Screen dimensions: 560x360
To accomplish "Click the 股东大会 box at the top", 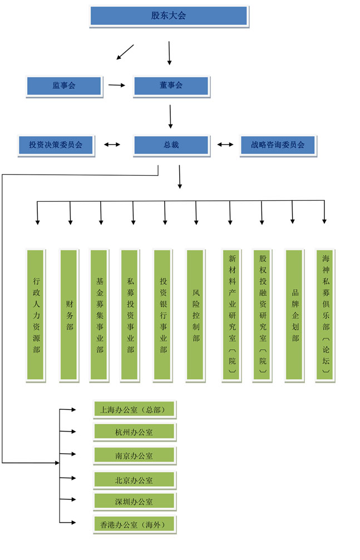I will pyautogui.click(x=169, y=16).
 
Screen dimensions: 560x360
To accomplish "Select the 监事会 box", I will pyautogui.click(x=64, y=86).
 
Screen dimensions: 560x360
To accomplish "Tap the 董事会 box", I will pyautogui.click(x=171, y=86).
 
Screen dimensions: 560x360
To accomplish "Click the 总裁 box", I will pyautogui.click(x=171, y=145).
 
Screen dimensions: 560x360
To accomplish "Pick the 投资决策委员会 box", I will pyautogui.click(x=56, y=145).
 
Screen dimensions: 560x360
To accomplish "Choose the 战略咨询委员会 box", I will pyautogui.click(x=278, y=145).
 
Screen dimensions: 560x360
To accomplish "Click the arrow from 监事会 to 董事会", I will pyautogui.click(x=116, y=86).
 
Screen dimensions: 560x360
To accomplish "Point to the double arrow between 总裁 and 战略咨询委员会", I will pyautogui.click(x=225, y=145).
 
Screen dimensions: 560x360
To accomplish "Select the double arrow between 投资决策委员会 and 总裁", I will pyautogui.click(x=113, y=145).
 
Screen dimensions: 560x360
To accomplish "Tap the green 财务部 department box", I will pyautogui.click(x=70, y=315).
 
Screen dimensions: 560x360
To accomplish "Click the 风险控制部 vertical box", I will pyautogui.click(x=196, y=315).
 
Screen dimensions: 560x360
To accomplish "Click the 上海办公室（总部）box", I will pyautogui.click(x=134, y=410).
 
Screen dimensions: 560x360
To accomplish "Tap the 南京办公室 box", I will pyautogui.click(x=134, y=456).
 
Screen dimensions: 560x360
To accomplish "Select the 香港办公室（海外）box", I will pyautogui.click(x=134, y=524).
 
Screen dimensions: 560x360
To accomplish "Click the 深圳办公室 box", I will pyautogui.click(x=134, y=502).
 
